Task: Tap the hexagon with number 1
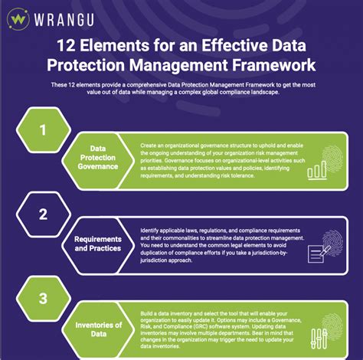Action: [x=44, y=129]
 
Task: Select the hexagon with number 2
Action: [x=44, y=214]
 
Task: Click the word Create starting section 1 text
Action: [x=151, y=144]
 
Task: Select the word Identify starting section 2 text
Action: [x=152, y=231]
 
